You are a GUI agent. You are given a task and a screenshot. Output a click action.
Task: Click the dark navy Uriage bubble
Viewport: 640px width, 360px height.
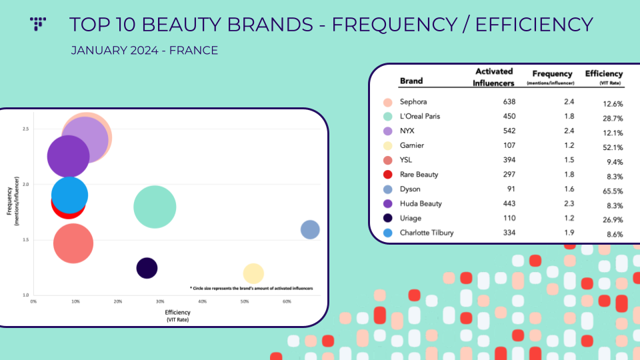pos(147,268)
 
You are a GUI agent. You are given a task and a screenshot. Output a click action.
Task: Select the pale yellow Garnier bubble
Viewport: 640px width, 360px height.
pos(253,273)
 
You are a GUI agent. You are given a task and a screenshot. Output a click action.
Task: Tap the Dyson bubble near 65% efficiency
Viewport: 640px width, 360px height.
pos(310,229)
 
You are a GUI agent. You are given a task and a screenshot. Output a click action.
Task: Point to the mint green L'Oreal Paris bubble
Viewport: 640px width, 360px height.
pos(155,207)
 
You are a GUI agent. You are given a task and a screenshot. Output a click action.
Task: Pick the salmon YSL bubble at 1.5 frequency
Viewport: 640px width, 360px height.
pos(73,243)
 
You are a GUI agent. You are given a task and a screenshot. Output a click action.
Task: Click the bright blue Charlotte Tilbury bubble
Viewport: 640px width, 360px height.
pos(70,195)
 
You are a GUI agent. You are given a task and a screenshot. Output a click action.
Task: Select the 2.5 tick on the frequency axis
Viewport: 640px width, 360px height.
pos(26,129)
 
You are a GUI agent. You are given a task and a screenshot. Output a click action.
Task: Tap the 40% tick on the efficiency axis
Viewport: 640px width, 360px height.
pos(203,301)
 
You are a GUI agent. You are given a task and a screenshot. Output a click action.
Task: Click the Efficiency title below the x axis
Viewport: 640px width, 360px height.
pos(177,312)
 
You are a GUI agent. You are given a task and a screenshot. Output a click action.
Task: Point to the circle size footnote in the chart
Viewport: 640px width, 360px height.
pos(251,288)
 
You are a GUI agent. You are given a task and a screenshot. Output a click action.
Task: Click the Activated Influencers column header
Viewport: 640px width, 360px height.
pos(493,77)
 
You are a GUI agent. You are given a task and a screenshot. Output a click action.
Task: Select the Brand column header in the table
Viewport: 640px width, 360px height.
pos(411,81)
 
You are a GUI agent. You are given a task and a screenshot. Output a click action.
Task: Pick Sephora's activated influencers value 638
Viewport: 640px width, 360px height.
pos(509,101)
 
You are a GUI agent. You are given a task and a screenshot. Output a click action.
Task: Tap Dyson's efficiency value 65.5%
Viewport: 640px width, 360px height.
pos(613,191)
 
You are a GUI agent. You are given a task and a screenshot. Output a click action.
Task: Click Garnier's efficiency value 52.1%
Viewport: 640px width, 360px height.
pos(613,147)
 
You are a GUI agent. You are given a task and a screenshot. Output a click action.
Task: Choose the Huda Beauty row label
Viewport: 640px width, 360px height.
pos(421,203)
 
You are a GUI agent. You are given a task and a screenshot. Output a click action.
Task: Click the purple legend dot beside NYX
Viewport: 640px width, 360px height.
pos(388,131)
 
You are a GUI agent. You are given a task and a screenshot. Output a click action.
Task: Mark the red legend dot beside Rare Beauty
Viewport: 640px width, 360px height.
pos(388,175)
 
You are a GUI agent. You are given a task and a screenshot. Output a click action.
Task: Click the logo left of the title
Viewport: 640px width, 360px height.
pos(38,24)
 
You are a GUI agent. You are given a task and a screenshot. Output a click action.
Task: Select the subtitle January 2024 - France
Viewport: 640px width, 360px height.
pos(145,50)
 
